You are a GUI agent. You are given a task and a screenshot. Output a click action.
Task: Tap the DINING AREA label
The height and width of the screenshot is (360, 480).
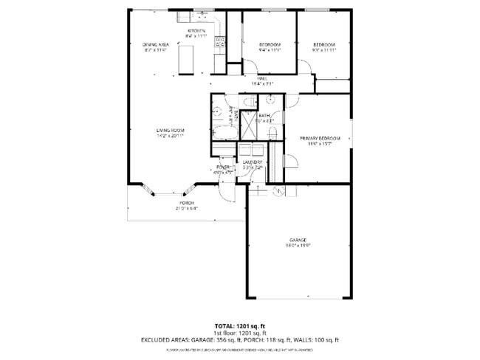click(156, 46)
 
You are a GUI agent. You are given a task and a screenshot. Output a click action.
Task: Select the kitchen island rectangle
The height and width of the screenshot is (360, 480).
click(186, 59)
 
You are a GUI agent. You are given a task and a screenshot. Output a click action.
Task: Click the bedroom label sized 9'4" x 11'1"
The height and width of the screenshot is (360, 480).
click(270, 46)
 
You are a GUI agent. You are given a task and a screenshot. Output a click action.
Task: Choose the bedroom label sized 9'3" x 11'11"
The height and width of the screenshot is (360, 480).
click(323, 46)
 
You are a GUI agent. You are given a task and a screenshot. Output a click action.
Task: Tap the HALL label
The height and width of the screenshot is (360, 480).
click(262, 79)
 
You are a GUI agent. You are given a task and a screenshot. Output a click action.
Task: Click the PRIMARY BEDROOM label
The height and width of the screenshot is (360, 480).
click(320, 139)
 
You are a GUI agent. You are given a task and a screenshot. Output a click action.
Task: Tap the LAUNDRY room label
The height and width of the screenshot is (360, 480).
click(253, 164)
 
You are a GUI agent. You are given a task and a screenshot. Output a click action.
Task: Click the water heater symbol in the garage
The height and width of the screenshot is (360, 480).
click(279, 192)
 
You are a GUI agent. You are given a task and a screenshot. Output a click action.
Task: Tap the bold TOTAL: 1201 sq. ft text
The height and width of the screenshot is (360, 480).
click(239, 325)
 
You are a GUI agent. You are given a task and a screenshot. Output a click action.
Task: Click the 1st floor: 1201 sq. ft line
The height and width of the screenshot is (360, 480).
click(239, 333)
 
